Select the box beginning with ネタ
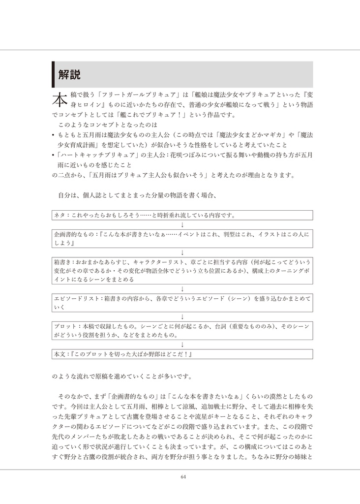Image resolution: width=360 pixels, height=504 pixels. click(x=182, y=215)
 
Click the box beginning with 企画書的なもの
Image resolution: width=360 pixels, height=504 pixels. click(x=182, y=239)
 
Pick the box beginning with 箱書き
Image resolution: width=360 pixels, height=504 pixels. click(x=182, y=270)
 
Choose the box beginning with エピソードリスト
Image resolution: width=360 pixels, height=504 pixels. click(x=182, y=302)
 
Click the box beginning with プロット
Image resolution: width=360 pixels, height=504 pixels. click(x=182, y=330)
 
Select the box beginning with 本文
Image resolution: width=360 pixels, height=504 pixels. click(x=182, y=354)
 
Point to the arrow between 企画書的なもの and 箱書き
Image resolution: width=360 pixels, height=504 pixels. click(x=182, y=252)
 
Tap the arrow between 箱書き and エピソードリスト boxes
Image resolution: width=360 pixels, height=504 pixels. click(x=182, y=288)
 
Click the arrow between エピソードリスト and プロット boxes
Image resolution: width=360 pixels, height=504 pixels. click(x=182, y=316)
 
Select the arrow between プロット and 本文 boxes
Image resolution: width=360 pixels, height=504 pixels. click(x=182, y=345)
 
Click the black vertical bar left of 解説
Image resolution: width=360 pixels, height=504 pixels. click(x=54, y=74)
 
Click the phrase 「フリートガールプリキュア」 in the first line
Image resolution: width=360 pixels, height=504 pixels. click(x=136, y=94)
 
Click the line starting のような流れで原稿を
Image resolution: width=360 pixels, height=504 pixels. click(x=121, y=377)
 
